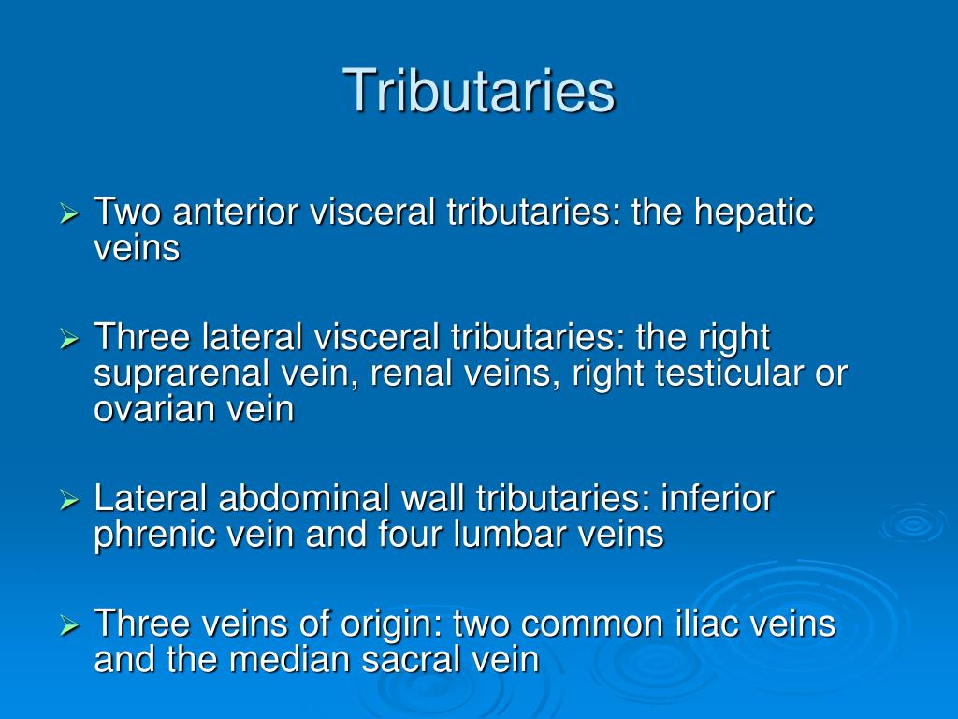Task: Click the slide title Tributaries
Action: point(479,91)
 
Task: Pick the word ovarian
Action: point(150,409)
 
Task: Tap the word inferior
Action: point(718,498)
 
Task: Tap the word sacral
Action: point(405,659)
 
